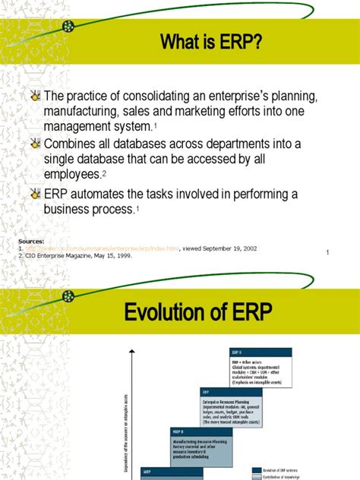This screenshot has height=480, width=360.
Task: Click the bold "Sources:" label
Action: pyautogui.click(x=30, y=241)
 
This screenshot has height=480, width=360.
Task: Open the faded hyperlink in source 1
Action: pyautogui.click(x=99, y=248)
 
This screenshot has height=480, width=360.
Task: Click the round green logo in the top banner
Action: pyautogui.click(x=69, y=26)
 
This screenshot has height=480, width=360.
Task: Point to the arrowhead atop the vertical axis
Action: pyautogui.click(x=133, y=351)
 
